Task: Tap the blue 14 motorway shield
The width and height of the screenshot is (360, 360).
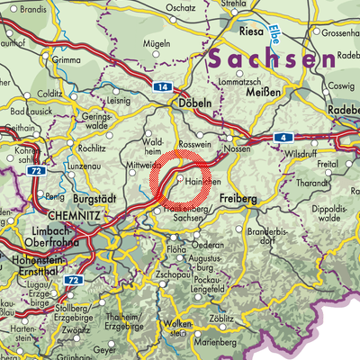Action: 162,87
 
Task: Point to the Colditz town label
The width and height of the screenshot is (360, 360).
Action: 49,93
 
